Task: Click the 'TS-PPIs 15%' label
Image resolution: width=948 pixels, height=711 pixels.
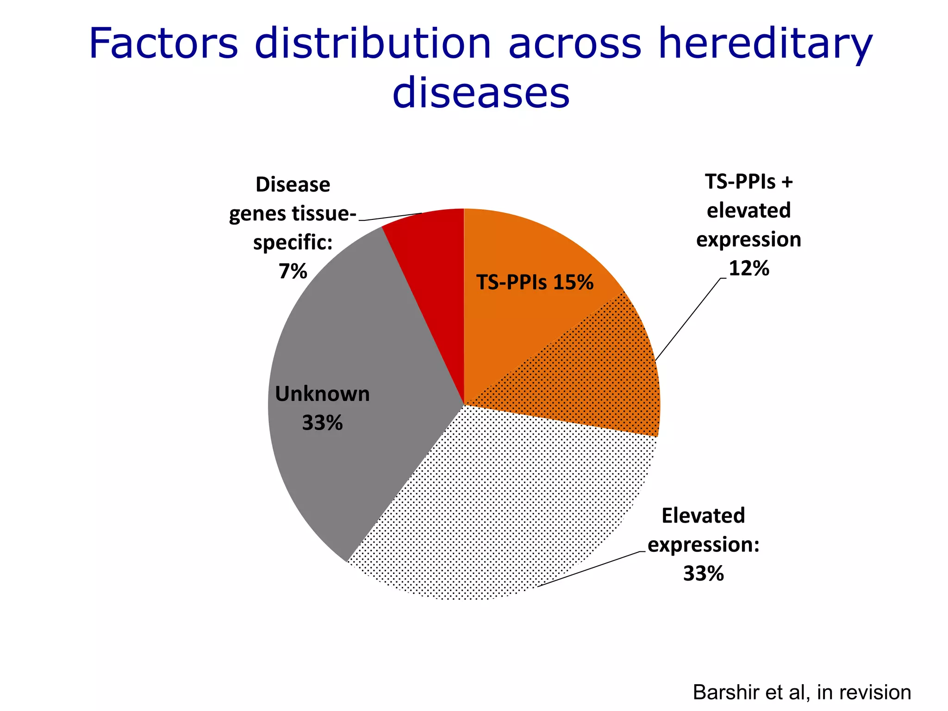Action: [535, 282]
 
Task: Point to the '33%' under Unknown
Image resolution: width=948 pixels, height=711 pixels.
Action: [322, 423]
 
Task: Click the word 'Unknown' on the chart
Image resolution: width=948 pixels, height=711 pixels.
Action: [322, 394]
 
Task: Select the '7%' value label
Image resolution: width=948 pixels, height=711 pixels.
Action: [293, 271]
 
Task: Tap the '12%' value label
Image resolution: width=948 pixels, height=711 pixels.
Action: [748, 268]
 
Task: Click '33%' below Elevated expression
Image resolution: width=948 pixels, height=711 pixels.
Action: [703, 574]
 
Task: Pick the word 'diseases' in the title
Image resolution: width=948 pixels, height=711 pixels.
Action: [480, 93]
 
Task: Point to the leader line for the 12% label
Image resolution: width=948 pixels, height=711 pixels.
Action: [688, 319]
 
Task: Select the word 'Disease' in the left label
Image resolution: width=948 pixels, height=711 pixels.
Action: [293, 185]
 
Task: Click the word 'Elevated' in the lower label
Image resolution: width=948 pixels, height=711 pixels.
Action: [703, 516]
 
